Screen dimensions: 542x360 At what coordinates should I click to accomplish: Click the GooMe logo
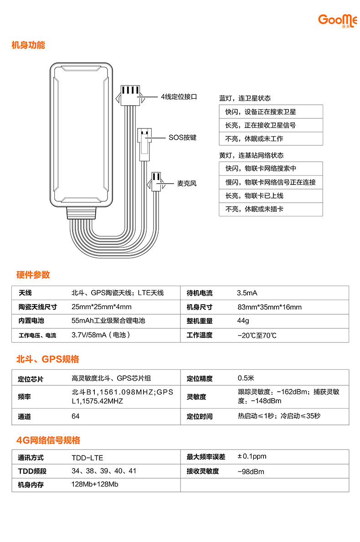pos(338,20)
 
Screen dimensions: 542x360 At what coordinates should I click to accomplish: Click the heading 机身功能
pos(28,46)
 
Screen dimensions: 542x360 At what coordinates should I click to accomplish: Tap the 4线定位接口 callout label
pos(178,97)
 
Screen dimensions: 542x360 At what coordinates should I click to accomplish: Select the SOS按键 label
pos(182,137)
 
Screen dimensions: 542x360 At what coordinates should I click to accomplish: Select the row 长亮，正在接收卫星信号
pos(271,125)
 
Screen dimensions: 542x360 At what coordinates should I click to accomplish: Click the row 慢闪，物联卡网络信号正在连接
pos(271,182)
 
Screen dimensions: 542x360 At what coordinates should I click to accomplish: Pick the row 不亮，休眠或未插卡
pos(271,210)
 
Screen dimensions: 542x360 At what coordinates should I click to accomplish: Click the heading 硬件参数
pos(33,275)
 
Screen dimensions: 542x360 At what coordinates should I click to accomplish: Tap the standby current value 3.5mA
pos(247,293)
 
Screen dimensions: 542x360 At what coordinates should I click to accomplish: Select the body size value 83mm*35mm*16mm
pos(270,307)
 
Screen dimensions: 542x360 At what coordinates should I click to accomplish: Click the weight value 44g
pos(243,322)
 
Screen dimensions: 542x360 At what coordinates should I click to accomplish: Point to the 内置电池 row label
pos(31,321)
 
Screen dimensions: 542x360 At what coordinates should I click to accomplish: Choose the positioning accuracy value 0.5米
pos(246,378)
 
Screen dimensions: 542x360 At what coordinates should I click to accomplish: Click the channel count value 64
pos(76,416)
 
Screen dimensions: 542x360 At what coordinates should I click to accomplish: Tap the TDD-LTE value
pos(84,458)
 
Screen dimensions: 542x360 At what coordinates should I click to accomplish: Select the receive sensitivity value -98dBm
pos(251,472)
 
